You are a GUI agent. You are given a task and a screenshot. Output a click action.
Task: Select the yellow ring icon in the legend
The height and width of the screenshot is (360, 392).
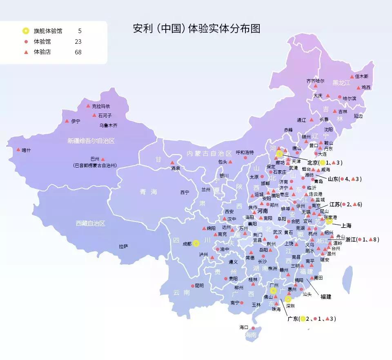tap(26, 31)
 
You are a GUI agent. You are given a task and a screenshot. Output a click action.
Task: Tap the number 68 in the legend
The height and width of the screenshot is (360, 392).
tap(78, 52)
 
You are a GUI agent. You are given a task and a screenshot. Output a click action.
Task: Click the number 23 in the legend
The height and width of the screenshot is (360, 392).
tap(78, 41)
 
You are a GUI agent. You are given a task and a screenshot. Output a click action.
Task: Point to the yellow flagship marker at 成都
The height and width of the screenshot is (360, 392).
tap(196, 243)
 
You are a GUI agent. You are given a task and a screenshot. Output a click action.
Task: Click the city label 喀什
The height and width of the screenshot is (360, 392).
tap(26, 150)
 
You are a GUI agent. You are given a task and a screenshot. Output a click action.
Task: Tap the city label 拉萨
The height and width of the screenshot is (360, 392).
tap(123, 246)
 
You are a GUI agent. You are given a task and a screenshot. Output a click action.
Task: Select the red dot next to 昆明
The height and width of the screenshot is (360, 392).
tap(193, 286)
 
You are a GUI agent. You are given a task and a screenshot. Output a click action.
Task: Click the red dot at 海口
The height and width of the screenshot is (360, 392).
tap(253, 328)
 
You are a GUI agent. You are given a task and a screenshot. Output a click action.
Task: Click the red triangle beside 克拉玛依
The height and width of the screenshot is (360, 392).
tap(88, 106)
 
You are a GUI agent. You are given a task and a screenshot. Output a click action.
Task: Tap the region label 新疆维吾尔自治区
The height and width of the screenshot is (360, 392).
tap(91, 141)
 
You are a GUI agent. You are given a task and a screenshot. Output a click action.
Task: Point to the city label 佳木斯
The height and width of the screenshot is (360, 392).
tap(361, 76)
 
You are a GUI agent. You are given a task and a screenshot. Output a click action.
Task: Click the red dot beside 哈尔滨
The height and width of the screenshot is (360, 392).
tap(339, 97)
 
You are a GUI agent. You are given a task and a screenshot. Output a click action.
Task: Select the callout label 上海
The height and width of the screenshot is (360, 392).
tap(346, 226)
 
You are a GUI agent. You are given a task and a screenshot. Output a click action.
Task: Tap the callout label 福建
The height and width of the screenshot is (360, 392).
tap(325, 296)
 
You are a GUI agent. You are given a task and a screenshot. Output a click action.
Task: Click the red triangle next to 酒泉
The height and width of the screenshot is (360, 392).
tap(171, 163)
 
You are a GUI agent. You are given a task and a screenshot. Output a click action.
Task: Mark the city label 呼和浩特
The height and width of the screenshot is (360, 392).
tap(245, 152)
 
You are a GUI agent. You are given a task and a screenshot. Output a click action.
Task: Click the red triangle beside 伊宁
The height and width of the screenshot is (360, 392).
tap(67, 121)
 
